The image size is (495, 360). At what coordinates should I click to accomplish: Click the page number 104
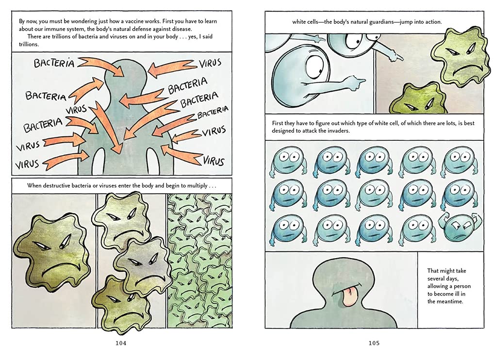(x=121, y=343)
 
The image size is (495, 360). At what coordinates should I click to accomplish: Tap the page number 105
(x=374, y=343)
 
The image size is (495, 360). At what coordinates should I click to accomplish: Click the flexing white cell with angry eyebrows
(x=459, y=229)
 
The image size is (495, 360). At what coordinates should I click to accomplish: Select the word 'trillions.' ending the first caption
(x=29, y=45)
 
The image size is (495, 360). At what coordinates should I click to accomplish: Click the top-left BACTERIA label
(x=54, y=63)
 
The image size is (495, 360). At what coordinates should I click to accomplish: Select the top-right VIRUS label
(x=210, y=63)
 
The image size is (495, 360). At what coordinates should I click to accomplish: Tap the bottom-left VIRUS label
(x=28, y=164)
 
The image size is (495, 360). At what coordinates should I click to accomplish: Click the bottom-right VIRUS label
(x=214, y=161)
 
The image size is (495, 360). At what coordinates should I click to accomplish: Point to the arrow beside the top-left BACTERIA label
(x=101, y=66)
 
